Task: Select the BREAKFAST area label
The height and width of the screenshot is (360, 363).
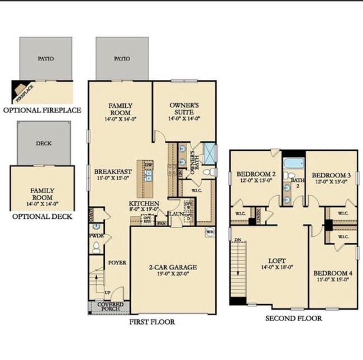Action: [x=113, y=172]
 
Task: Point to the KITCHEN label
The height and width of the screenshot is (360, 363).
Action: [x=144, y=204]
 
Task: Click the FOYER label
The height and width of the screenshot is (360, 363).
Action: [x=117, y=262]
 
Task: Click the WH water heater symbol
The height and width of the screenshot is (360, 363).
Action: [x=210, y=232]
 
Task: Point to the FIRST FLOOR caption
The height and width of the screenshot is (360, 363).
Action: [x=152, y=322]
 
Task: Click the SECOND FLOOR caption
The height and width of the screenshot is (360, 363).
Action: [x=293, y=318]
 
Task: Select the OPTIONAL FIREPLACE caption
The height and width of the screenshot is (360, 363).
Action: [x=42, y=110]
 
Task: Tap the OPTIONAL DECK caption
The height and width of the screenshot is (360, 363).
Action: [x=42, y=217]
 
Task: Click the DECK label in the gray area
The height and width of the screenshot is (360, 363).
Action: [x=44, y=143]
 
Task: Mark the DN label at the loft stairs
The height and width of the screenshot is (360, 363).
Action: [x=238, y=239]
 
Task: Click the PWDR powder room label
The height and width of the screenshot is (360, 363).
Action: [x=93, y=236]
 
